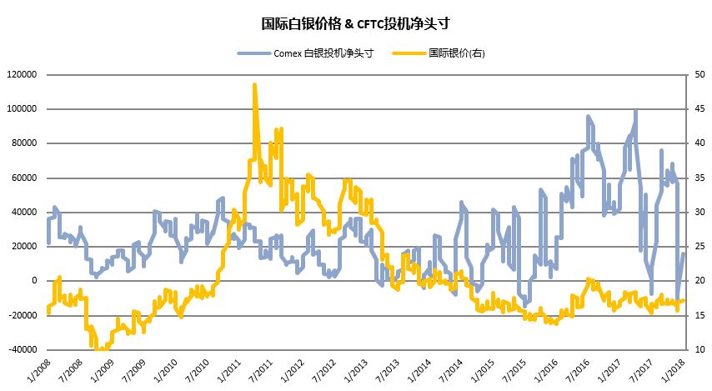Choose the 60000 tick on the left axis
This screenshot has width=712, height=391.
(x=26, y=178)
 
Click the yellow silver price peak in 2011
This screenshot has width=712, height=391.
(x=254, y=85)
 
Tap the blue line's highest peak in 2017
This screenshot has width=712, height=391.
(x=636, y=111)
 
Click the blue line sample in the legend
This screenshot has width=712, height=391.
(x=253, y=53)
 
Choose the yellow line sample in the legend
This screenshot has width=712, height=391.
(x=409, y=53)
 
